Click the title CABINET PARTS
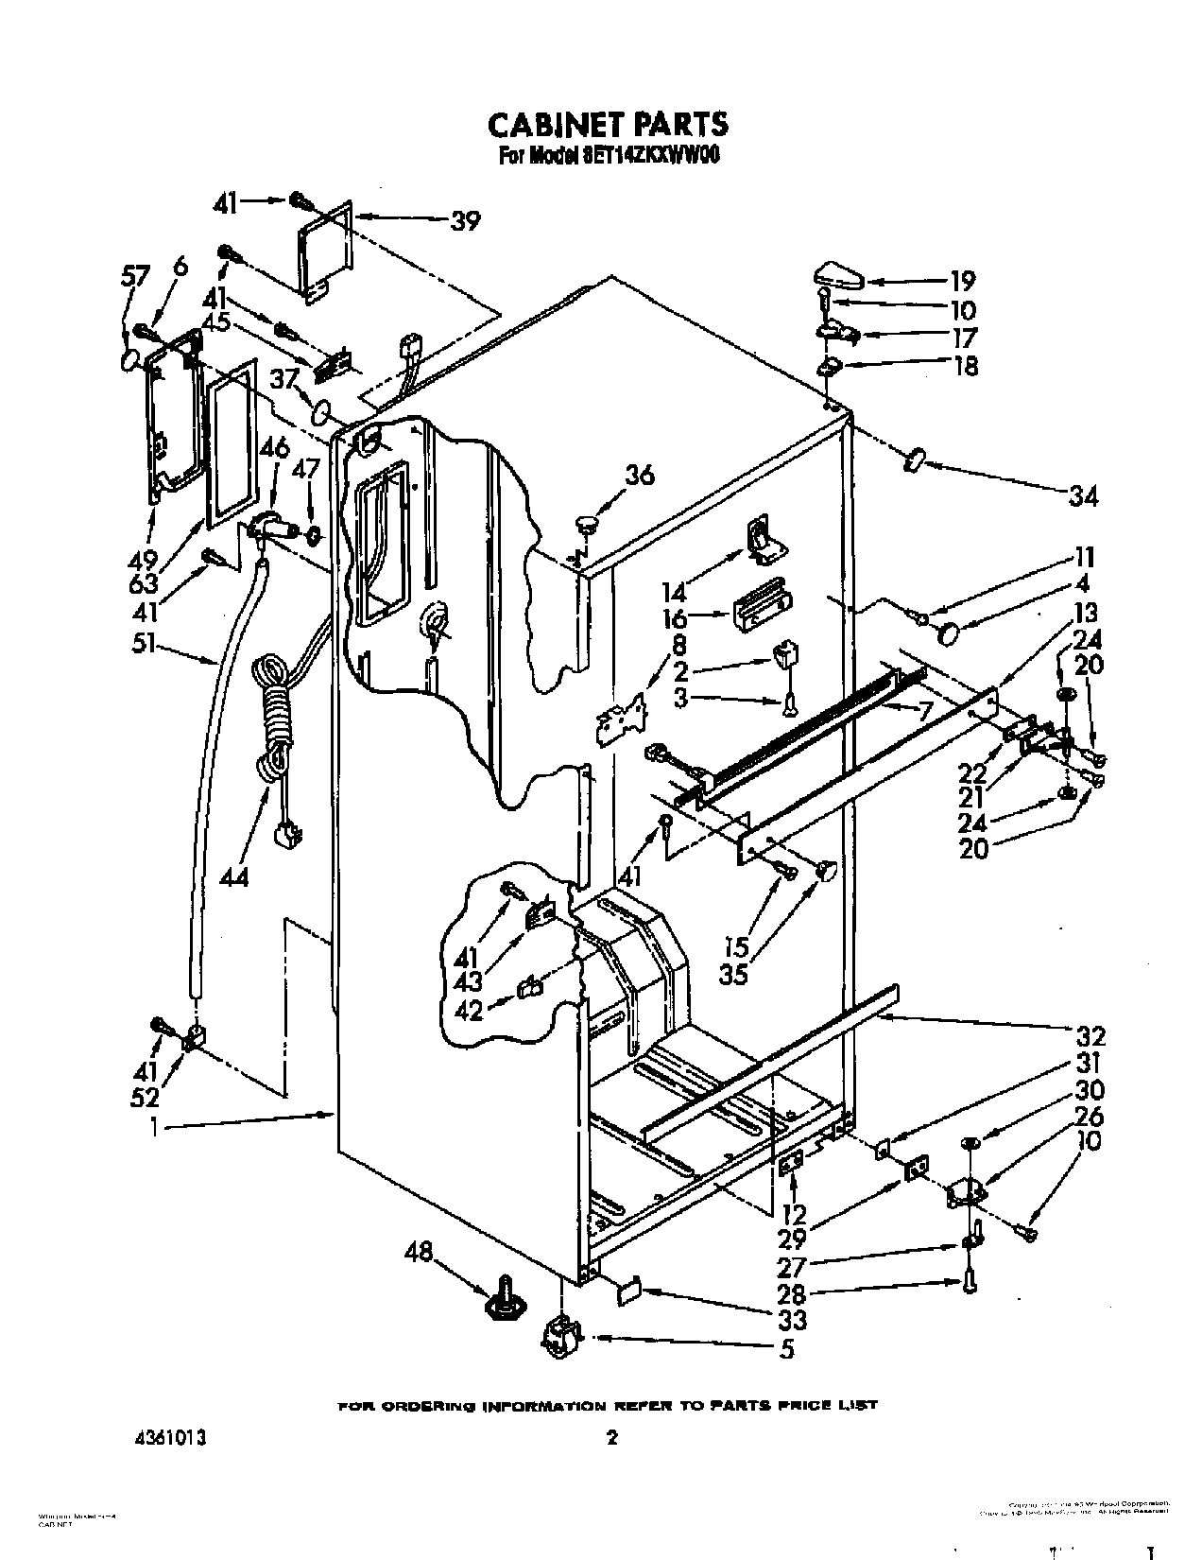607,124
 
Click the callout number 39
465,221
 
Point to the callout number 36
640,476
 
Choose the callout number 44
233,876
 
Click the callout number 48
418,1254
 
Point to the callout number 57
136,276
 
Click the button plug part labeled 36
588,521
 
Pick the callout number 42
469,1011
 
